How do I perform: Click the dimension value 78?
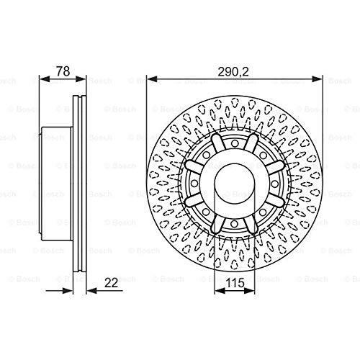coord(63,71)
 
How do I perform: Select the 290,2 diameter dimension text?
coord(234,71)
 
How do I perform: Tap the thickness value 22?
coord(112,283)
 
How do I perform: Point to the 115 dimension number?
coord(235,283)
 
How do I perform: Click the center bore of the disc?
coord(235,184)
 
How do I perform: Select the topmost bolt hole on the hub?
coord(235,143)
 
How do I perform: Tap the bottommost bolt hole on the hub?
coord(234,224)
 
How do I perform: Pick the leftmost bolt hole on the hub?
coord(194,184)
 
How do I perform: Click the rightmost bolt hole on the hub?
coord(274,184)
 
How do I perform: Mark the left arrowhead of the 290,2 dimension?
coord(152,78)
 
